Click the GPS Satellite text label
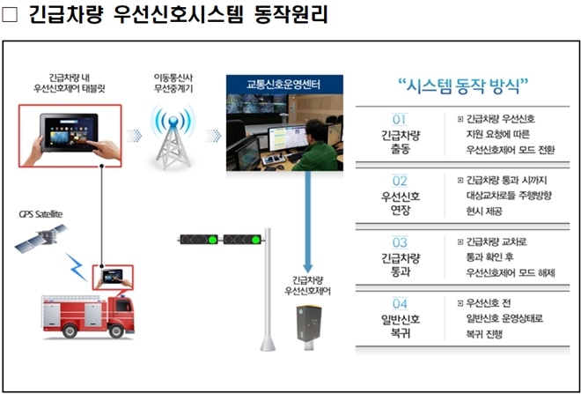pos(41,213)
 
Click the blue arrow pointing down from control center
pos(307,220)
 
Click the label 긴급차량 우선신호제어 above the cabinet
pos(308,284)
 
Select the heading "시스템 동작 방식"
pos(462,85)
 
